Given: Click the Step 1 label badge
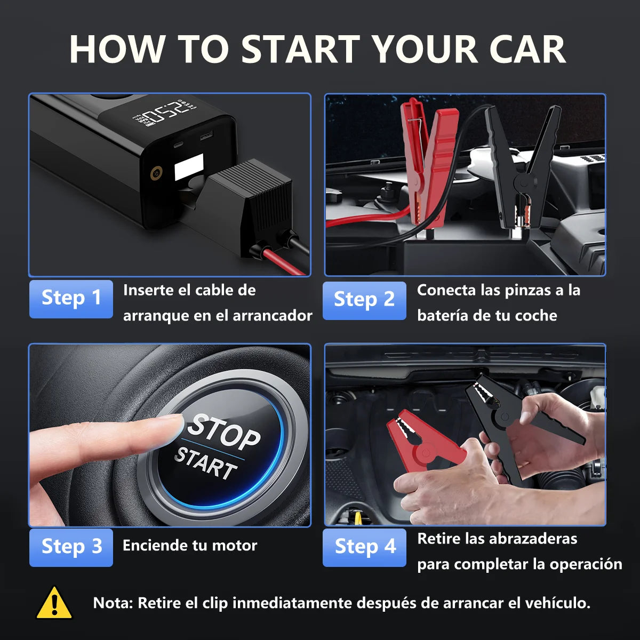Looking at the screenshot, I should pyautogui.click(x=71, y=298).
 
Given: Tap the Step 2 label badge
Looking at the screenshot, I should pyautogui.click(x=364, y=300).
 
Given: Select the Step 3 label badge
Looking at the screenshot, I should pyautogui.click(x=71, y=547).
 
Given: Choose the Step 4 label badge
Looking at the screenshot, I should pyautogui.click(x=364, y=547).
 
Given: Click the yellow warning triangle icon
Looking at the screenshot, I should pyautogui.click(x=54, y=604).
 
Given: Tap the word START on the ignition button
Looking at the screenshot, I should pyautogui.click(x=206, y=462).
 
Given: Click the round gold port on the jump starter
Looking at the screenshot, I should pyautogui.click(x=156, y=172).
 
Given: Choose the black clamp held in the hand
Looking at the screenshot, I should pyautogui.click(x=512, y=421).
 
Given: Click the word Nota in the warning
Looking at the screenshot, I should pyautogui.click(x=113, y=603).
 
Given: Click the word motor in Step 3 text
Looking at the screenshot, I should pyautogui.click(x=235, y=546).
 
